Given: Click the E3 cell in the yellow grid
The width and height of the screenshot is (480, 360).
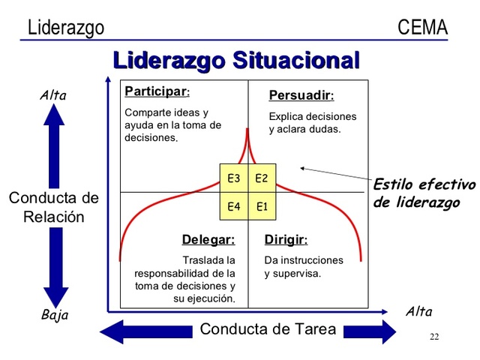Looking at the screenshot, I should pos(233,178).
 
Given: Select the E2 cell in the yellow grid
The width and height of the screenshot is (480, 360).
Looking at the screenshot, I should pos(262,178).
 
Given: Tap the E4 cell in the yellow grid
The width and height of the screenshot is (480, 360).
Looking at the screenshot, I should pos(233,206).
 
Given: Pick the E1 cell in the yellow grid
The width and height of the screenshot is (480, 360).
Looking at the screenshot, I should pos(262,206).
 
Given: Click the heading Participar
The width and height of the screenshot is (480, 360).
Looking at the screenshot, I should pos(156,91).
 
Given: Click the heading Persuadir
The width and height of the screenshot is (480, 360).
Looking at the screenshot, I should pos(301,96).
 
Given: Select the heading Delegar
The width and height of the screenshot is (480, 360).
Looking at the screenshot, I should pos(208,240).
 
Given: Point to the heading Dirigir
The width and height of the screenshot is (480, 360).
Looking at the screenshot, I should pos(286,240).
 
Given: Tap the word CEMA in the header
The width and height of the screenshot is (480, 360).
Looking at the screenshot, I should pos(423,28).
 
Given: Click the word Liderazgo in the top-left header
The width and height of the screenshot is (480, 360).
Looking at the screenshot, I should pos(66,28).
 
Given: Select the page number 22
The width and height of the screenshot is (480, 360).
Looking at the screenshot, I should pos(434,337).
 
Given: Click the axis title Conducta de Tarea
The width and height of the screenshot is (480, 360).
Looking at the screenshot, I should pos(268,330).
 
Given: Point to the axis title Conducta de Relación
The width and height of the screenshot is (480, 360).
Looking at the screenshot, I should pos(53,208).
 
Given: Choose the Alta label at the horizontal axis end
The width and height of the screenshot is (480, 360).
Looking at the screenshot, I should pos(418,312).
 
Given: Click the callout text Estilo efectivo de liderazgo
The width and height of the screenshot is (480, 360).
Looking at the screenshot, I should pos(424,193).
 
